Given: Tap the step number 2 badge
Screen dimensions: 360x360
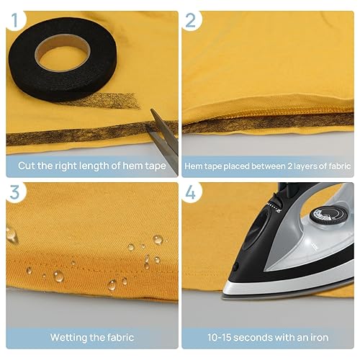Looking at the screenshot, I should (191, 23).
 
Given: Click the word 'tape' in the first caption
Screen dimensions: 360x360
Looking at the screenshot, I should (154, 166).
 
